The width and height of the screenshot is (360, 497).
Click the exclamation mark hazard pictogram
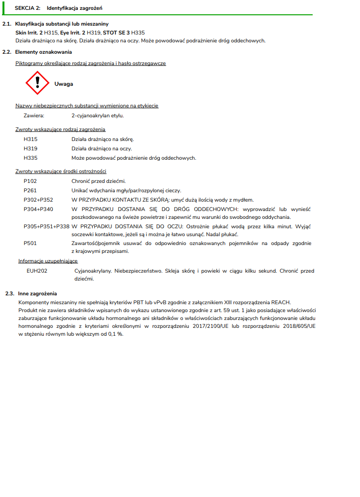point(37,83)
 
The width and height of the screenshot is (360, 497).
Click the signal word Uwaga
point(64,84)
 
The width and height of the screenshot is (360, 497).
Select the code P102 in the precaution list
point(30,181)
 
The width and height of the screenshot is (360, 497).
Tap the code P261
point(30,190)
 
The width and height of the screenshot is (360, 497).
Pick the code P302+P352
point(38,200)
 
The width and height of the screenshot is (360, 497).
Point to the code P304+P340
point(38,209)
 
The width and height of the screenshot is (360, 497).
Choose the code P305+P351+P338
point(46,226)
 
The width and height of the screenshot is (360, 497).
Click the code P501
point(30,243)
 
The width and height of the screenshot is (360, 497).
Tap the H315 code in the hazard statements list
point(31,140)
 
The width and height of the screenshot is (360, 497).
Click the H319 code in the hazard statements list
point(31,148)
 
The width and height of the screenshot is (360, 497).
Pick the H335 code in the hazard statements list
point(31,158)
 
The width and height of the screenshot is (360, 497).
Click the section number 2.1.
point(7,24)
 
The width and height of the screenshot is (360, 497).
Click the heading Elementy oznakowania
point(43,52)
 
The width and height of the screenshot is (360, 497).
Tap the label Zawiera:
point(34,115)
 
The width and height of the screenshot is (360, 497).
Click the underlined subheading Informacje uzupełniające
point(48,261)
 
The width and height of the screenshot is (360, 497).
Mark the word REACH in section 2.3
point(281,302)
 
